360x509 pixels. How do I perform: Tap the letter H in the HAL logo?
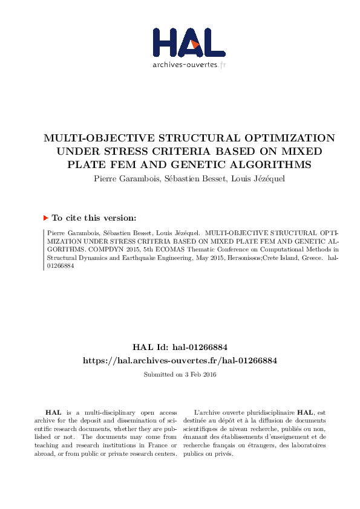(165, 42)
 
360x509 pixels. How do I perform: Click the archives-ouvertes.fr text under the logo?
(189, 65)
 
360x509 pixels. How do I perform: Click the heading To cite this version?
(94, 218)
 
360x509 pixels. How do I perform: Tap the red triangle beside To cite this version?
(46, 218)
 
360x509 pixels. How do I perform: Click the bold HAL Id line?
(180, 347)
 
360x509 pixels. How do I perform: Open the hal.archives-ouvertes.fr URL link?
(180, 360)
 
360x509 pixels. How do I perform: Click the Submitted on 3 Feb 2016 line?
(180, 374)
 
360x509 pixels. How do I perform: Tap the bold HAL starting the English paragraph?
(54, 412)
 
